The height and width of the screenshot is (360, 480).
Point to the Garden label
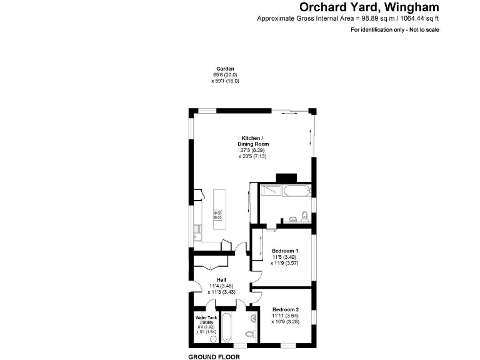(224, 69)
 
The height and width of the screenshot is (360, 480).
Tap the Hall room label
(221, 280)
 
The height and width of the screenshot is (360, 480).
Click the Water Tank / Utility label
(206, 320)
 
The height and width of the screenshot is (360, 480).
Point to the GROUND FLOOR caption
(214, 356)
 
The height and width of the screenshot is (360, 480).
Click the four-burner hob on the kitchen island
(219, 216)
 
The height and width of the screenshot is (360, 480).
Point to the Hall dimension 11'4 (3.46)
(221, 286)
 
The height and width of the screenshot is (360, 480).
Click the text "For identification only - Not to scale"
(394, 29)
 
